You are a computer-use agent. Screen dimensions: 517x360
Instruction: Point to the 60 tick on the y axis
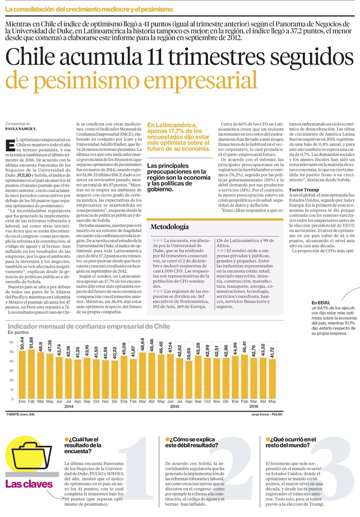tap(12, 342)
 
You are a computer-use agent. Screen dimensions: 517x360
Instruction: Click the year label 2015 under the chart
tap(175, 406)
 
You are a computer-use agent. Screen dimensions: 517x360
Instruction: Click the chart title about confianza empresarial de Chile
tap(89, 327)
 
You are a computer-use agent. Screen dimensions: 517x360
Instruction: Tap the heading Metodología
tap(169, 227)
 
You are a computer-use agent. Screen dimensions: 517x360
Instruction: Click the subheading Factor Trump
tap(304, 190)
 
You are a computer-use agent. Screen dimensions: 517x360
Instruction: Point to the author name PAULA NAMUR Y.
tap(21, 129)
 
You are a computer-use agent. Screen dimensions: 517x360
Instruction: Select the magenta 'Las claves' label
tap(29, 484)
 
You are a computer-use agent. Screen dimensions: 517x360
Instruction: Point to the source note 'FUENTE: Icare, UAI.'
tap(21, 414)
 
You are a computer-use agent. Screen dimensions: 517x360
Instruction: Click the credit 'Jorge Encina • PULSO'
tap(267, 414)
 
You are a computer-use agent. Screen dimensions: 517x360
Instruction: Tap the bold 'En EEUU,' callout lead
tap(321, 303)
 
